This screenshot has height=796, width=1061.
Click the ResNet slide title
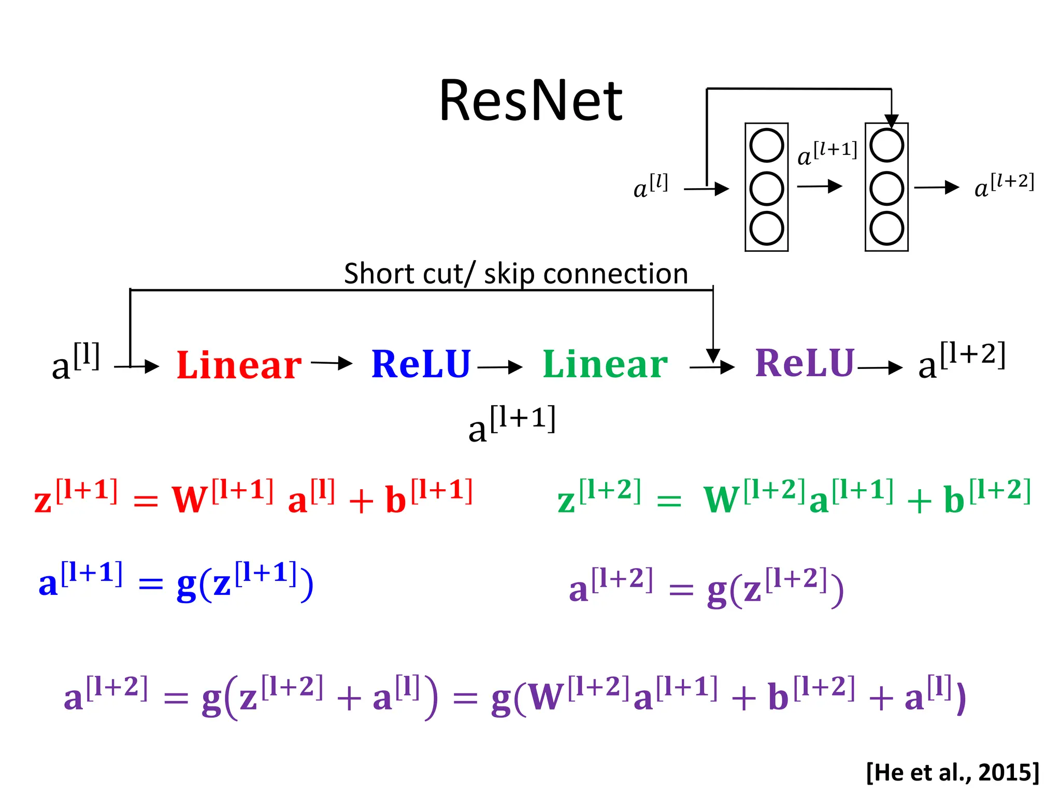[x=530, y=101]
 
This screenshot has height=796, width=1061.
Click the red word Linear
[x=239, y=365]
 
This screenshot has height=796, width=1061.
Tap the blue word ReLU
[x=421, y=364]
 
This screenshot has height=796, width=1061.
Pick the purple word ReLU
[x=805, y=363]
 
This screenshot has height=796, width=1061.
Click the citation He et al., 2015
[x=952, y=772]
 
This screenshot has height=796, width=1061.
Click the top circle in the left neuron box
[x=766, y=146]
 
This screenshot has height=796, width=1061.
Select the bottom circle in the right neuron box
[x=886, y=228]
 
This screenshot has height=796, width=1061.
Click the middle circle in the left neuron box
[x=766, y=188]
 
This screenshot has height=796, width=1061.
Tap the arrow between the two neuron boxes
[x=820, y=186]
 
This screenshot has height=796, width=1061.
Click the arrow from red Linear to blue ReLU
[x=332, y=363]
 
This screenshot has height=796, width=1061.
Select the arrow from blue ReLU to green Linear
[x=500, y=367]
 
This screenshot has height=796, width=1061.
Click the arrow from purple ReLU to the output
[x=880, y=367]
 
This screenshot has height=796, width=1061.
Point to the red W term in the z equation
[x=190, y=500]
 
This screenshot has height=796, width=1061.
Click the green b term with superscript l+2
[x=954, y=500]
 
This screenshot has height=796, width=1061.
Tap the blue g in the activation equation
[x=187, y=586]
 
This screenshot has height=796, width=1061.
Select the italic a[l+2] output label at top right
[x=1003, y=186]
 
